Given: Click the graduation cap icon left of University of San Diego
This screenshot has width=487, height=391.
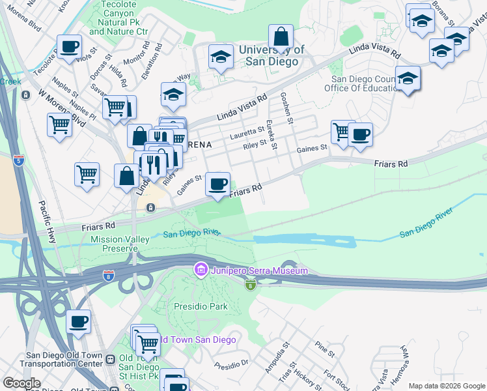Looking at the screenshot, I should click(221, 57).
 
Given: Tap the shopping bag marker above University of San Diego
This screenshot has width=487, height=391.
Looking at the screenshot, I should click(281, 36).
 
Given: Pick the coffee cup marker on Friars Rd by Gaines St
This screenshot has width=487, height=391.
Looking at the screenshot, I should click(217, 184).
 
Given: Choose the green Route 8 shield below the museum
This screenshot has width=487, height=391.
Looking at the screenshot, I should click(249, 285).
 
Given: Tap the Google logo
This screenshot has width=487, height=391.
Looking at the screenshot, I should click(21, 383).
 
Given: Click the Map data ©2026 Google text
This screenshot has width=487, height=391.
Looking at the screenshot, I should click(446, 386).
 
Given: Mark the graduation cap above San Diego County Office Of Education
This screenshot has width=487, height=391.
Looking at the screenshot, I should click(408, 78).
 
